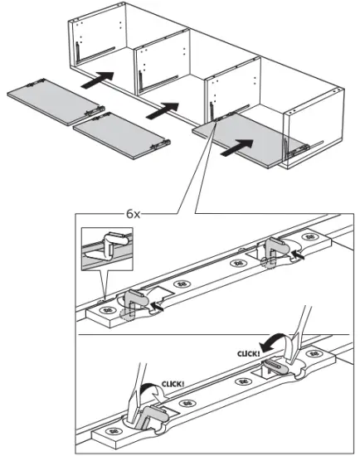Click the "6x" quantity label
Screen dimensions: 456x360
click(x=137, y=212)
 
